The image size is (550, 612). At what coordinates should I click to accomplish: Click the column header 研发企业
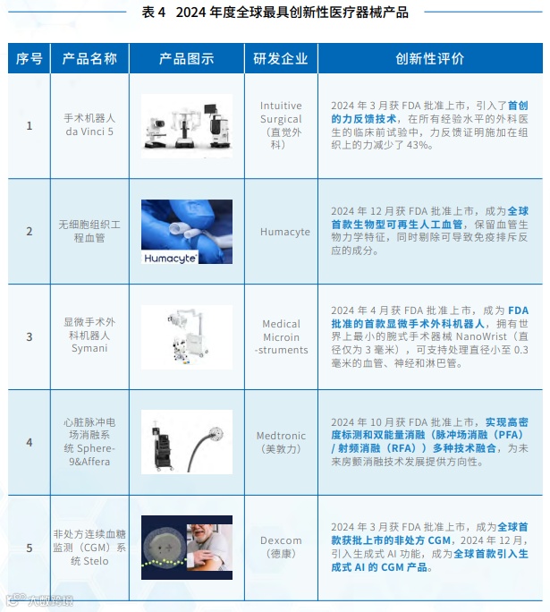click(281, 58)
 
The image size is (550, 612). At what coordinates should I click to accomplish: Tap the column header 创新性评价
click(430, 58)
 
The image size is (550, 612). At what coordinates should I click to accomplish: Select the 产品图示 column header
click(186, 58)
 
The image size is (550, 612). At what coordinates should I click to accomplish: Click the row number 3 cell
click(30, 336)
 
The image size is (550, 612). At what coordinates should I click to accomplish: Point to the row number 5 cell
click(30, 548)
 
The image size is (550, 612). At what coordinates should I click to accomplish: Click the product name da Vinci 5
click(89, 132)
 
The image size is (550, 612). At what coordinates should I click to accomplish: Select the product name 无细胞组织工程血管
click(89, 231)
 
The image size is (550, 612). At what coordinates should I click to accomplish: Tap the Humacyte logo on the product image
click(170, 258)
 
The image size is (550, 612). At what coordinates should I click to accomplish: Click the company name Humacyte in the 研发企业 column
click(285, 232)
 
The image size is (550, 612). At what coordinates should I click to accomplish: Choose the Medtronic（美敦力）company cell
click(281, 442)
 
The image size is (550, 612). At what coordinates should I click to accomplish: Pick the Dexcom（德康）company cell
click(281, 547)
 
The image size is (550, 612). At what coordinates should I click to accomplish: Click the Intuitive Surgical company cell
click(281, 125)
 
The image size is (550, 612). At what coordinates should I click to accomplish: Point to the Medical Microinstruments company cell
click(281, 336)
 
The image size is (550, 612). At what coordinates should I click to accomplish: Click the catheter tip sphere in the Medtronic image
click(216, 433)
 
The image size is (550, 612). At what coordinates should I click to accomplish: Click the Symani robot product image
click(187, 337)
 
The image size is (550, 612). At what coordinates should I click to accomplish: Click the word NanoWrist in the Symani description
click(481, 336)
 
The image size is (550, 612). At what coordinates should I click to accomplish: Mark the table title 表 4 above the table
click(153, 13)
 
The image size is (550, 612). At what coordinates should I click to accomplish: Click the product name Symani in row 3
click(89, 348)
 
